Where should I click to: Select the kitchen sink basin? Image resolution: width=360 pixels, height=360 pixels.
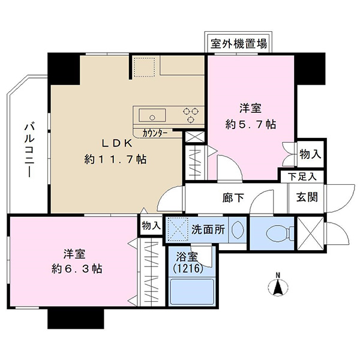click(152, 115)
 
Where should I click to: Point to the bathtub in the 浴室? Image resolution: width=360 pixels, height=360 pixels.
click(192, 292)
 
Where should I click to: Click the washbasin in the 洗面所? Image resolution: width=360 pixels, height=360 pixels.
click(237, 230)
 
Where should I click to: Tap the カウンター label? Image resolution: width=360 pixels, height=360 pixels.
click(154, 133)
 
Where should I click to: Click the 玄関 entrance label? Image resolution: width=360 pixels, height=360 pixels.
click(307, 197)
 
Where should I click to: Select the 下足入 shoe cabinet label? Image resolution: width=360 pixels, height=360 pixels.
click(302, 177)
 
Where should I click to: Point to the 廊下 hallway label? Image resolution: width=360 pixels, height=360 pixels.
click(233, 197)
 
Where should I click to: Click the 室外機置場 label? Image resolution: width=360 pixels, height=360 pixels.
click(239, 44)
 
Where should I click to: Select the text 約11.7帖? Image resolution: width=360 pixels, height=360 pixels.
click(115, 159)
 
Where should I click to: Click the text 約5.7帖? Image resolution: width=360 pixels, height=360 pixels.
click(250, 124)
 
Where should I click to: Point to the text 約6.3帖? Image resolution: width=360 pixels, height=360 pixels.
click(77, 268)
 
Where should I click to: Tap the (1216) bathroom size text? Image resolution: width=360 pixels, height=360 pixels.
click(188, 268)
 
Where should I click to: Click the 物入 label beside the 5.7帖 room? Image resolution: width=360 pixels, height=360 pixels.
click(310, 154)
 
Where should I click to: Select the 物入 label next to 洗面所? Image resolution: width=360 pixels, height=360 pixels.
click(151, 226)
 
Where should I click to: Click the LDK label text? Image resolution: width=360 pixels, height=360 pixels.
click(117, 143)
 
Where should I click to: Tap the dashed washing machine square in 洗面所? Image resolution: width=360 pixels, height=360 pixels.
click(177, 229)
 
